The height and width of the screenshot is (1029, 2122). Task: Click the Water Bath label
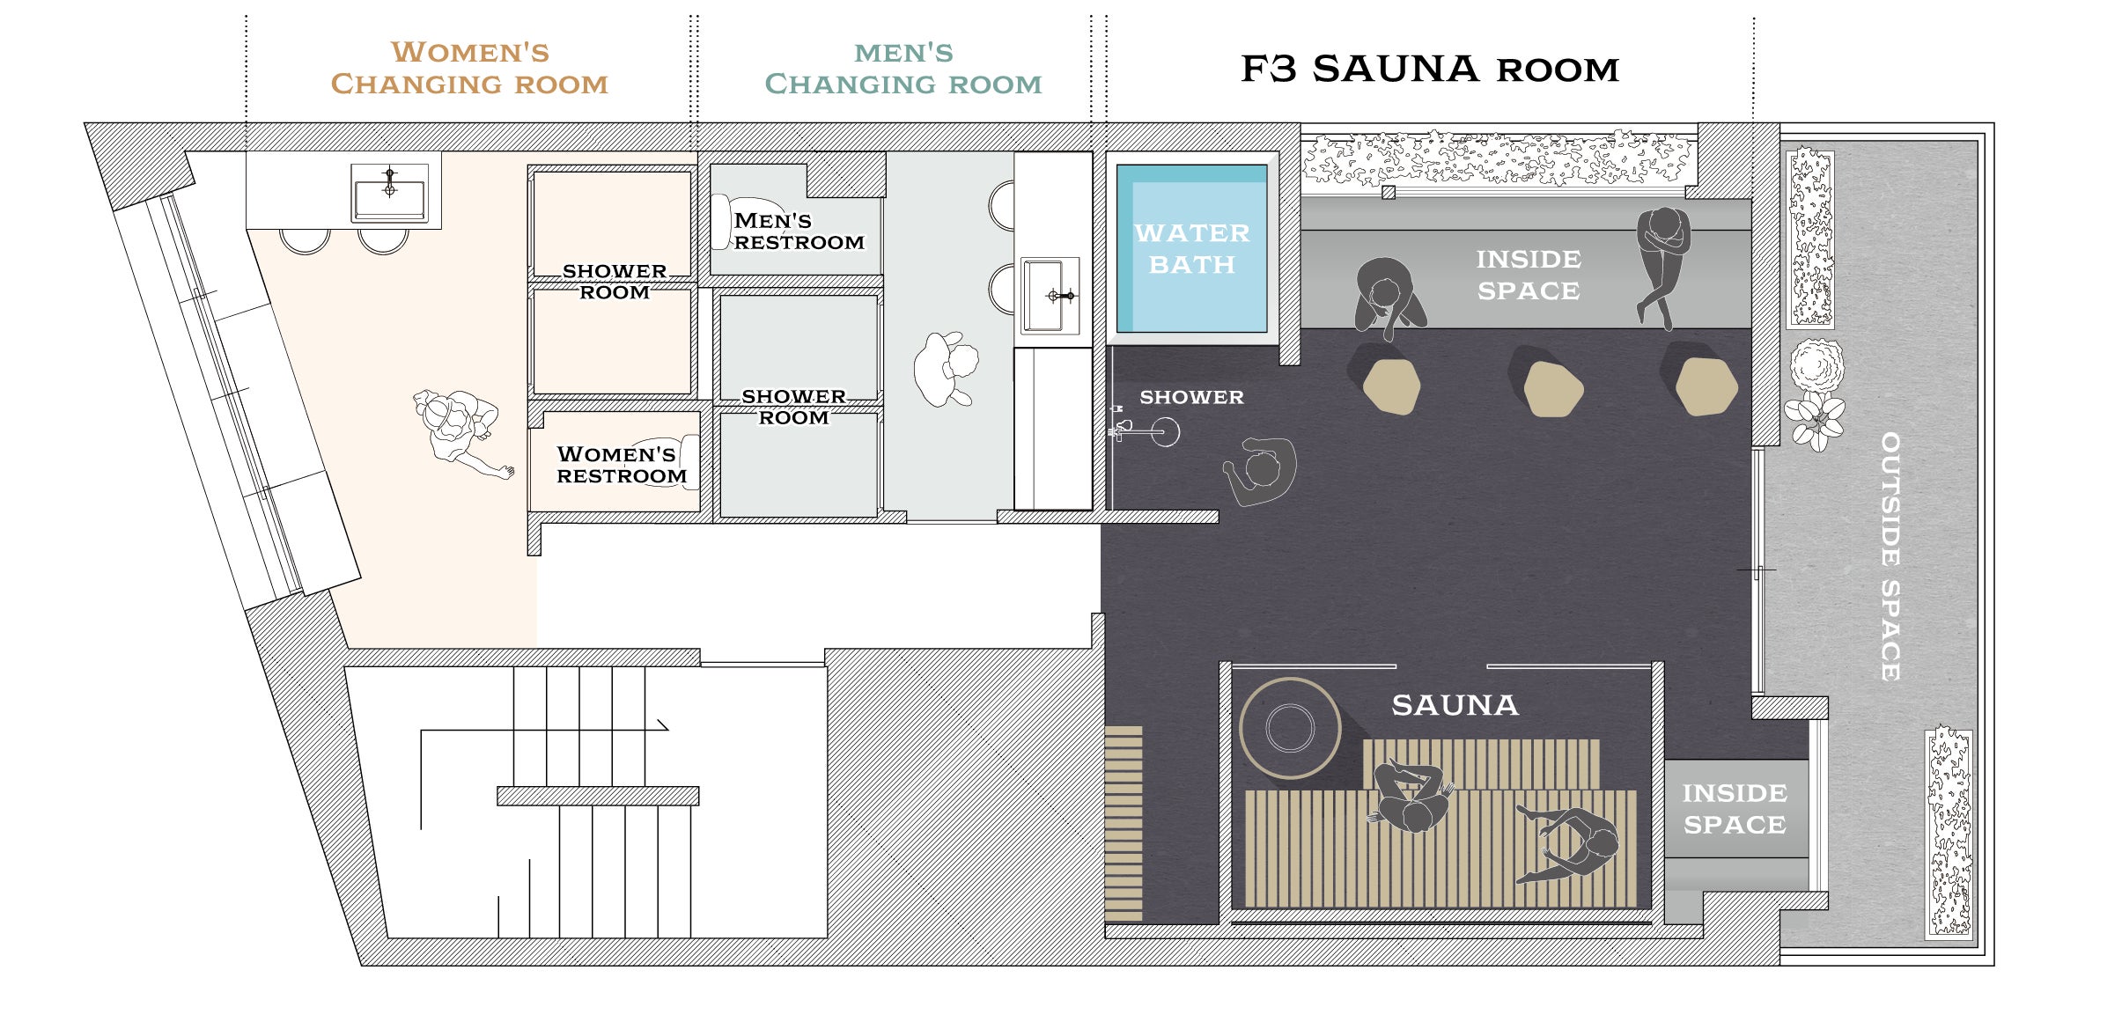(1192, 249)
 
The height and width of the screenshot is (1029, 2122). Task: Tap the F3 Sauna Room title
(1430, 69)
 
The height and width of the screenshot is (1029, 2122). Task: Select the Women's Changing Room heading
(469, 68)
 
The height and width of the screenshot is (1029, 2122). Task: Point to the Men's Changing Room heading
(903, 68)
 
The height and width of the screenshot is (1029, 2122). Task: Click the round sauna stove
(1290, 728)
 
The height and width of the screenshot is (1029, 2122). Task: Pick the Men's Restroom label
(799, 232)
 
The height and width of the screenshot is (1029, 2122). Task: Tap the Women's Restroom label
(622, 465)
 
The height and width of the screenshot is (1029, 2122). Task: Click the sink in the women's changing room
(389, 194)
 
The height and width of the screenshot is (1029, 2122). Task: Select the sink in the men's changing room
(1050, 296)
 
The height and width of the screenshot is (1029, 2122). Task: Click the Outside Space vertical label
(1890, 556)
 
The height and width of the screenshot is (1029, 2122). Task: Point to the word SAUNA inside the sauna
(1455, 705)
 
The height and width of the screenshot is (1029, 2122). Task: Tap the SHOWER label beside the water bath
(1191, 397)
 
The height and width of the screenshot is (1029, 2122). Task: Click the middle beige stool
(1547, 381)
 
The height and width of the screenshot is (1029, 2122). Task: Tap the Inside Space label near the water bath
(1529, 275)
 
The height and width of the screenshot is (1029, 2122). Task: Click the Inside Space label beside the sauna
(1735, 809)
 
